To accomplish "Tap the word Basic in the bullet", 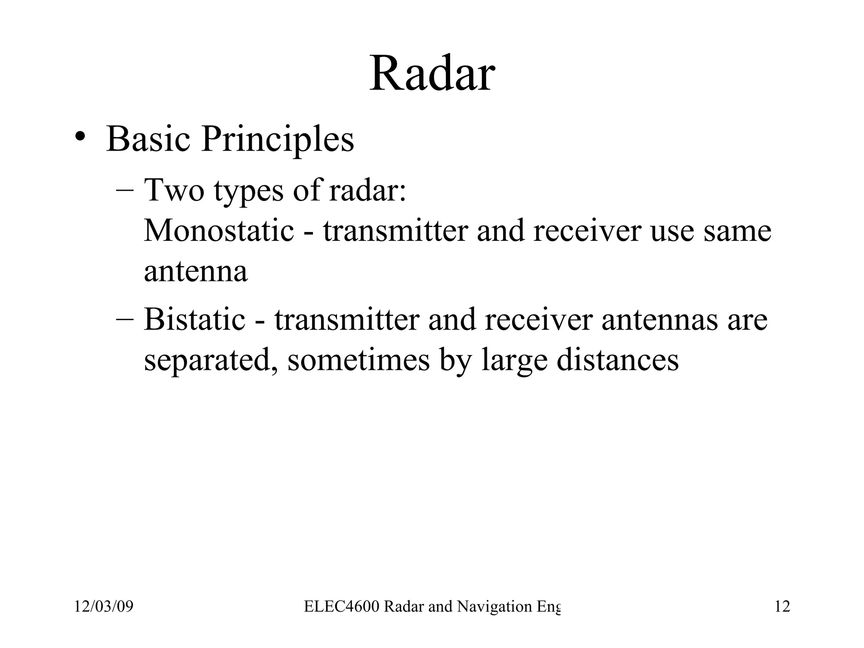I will tap(148, 139).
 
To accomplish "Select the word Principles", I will tap(278, 140).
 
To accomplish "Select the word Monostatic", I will tap(219, 231).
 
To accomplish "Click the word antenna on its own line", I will tap(195, 272).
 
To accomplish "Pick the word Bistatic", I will tap(194, 319).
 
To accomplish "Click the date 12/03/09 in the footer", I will tap(104, 607).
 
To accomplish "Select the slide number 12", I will tap(782, 607).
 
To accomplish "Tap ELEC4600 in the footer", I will tap(342, 607).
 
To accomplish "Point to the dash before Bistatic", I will tap(125, 319).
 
